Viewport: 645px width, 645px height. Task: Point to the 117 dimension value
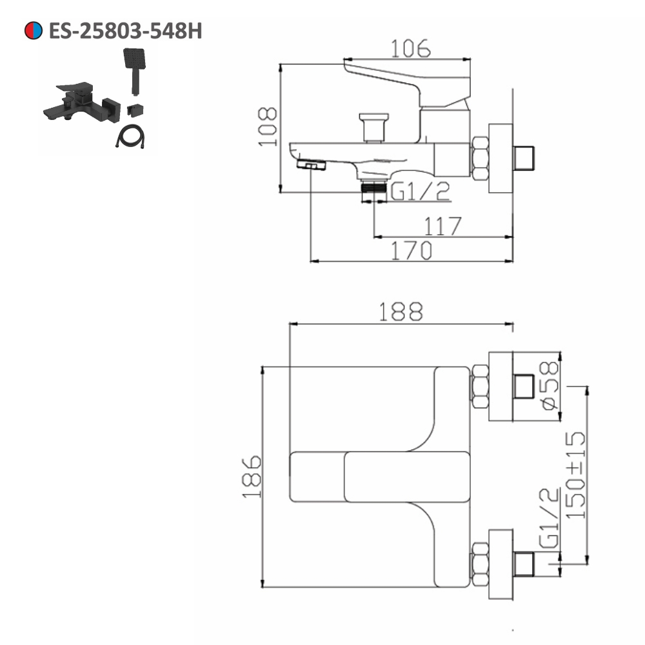coord(442,226)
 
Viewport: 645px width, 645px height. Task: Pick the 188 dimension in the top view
coord(400,312)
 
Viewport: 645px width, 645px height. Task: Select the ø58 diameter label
coord(548,386)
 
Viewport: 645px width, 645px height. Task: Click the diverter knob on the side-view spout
coord(374,126)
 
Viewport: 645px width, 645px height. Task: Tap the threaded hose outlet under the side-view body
coord(373,188)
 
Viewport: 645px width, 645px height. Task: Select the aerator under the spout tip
coord(312,166)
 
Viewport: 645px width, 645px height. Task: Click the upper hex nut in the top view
coord(479,386)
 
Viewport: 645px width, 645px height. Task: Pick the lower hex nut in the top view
coord(479,564)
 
